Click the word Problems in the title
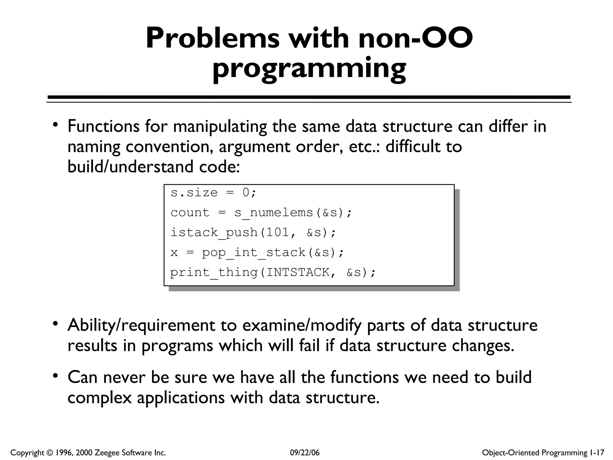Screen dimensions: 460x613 point(212,39)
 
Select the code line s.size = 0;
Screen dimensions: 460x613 point(213,193)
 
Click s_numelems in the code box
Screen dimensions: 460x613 point(274,213)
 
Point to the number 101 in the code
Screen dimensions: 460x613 point(278,232)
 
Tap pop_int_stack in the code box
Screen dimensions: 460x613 point(254,252)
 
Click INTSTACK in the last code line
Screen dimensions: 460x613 point(298,273)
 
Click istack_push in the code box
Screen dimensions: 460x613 point(214,232)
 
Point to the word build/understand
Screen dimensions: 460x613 point(131,167)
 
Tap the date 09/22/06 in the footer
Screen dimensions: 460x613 point(305,453)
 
